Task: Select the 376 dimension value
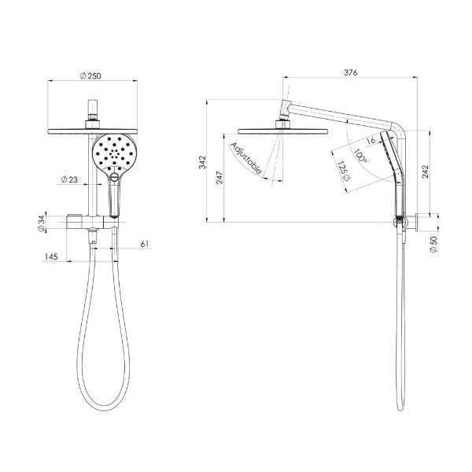point(351,73)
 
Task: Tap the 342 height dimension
point(202,161)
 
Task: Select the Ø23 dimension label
point(68,180)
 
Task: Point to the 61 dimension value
point(144,245)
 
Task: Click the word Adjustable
point(246,158)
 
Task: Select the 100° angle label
point(361,157)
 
